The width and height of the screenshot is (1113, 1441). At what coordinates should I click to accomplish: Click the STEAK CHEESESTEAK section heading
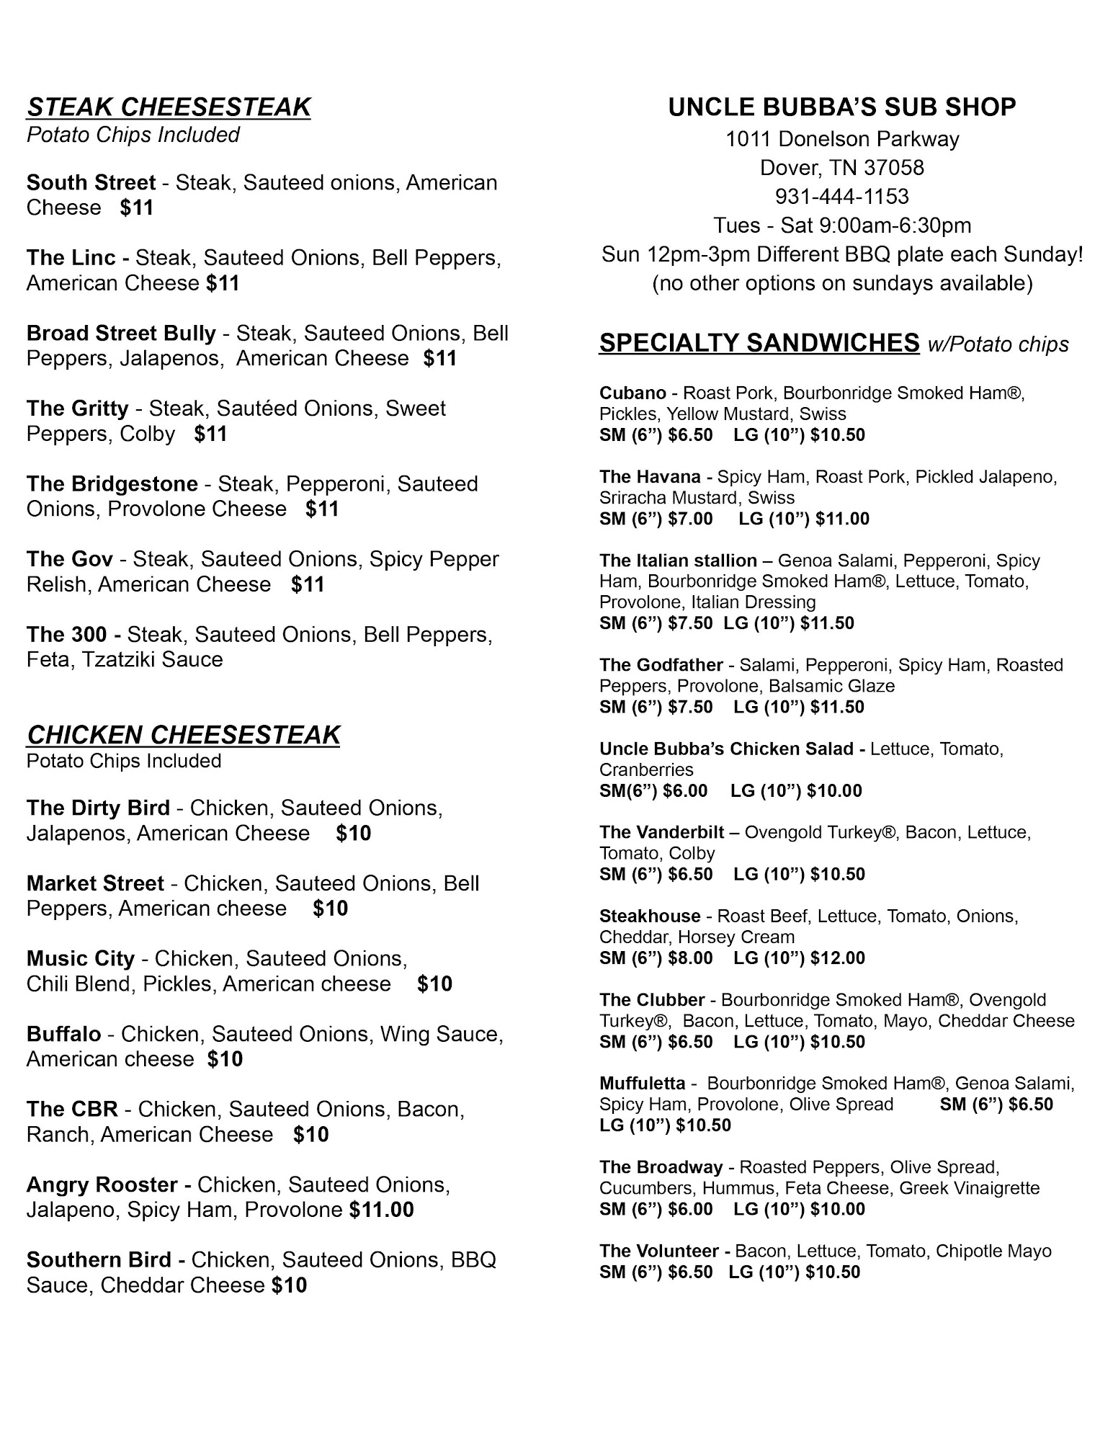tap(169, 107)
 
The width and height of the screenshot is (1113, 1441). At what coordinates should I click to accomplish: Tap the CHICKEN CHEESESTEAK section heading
tap(183, 735)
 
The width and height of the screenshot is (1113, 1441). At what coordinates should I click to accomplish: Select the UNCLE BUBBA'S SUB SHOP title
tap(841, 107)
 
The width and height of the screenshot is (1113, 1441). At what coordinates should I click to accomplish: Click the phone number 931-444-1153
tap(841, 197)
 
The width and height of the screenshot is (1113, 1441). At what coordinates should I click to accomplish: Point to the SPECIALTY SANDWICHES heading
tap(759, 343)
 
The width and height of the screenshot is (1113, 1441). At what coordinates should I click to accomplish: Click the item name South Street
tap(91, 183)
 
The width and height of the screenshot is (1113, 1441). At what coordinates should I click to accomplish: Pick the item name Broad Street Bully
tap(121, 334)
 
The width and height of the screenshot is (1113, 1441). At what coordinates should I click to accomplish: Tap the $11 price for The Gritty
tap(210, 434)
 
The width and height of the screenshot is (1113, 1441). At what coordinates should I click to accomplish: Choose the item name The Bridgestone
tap(112, 484)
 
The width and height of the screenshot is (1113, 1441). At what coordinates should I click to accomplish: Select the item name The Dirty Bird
tap(98, 808)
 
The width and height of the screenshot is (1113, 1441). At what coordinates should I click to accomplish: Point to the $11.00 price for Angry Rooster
tap(382, 1210)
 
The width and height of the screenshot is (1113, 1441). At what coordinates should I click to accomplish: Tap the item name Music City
tap(81, 959)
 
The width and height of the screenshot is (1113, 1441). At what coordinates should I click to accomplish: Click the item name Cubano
tap(633, 393)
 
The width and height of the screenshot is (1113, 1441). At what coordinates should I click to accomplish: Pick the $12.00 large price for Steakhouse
tap(837, 958)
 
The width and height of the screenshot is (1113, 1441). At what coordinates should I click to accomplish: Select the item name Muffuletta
tap(642, 1084)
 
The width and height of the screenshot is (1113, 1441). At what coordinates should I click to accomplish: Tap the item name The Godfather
tap(661, 665)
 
